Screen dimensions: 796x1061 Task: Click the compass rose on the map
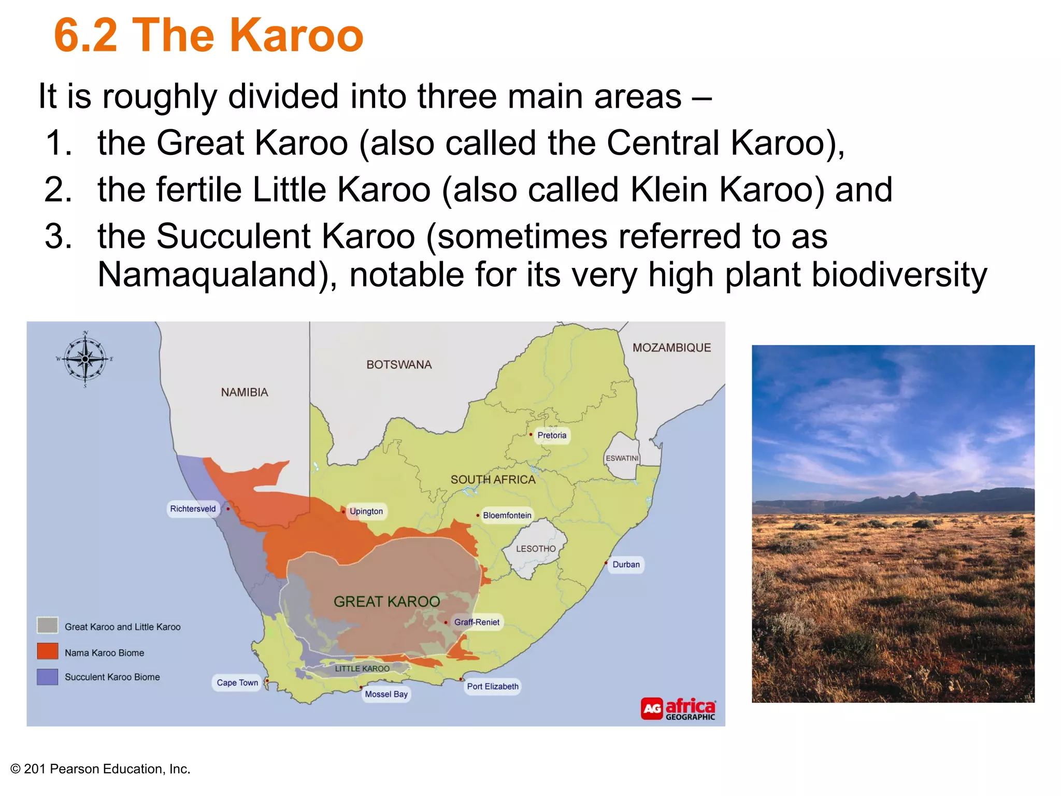tap(85, 359)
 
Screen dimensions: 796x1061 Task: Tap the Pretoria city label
tap(552, 435)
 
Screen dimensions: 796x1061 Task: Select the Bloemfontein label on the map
tap(507, 515)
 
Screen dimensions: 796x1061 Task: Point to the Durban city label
tap(626, 564)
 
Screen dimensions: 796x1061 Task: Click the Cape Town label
tap(237, 683)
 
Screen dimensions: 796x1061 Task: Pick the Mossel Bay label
tap(386, 694)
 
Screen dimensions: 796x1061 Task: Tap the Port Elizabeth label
tap(492, 686)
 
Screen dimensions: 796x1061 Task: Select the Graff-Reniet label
tap(477, 622)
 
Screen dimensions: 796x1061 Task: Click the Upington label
tap(366, 511)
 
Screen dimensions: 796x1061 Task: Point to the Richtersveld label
tap(193, 508)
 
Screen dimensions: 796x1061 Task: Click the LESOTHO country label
tap(536, 548)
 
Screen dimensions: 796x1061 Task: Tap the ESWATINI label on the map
tap(622, 458)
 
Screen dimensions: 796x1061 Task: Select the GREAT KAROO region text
tap(386, 601)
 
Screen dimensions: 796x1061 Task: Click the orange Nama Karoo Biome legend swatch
tap(48, 651)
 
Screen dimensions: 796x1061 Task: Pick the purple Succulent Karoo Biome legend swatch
tap(48, 677)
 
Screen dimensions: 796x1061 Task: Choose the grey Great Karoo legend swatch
tap(48, 626)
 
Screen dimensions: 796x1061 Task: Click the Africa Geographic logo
tap(678, 708)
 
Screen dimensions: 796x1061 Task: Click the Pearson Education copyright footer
tap(101, 769)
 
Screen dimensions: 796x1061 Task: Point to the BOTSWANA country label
tap(399, 364)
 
